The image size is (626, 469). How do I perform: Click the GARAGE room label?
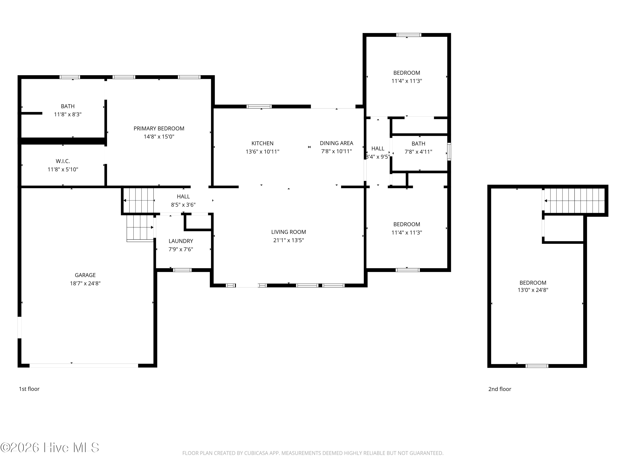click(x=85, y=275)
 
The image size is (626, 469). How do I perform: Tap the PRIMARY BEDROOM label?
click(x=159, y=129)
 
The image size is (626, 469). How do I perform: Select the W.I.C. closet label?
click(x=63, y=161)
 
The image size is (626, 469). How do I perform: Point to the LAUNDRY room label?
click(x=181, y=241)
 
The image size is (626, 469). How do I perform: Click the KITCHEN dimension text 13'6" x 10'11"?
click(x=262, y=152)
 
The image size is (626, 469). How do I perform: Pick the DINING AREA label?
click(x=337, y=143)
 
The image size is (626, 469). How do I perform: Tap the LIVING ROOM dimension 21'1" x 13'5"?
click(x=289, y=240)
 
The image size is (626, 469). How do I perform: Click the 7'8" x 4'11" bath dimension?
click(x=418, y=152)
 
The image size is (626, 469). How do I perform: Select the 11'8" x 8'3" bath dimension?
click(x=68, y=114)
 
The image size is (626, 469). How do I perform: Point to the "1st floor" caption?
click(x=29, y=389)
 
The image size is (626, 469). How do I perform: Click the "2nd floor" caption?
click(x=500, y=389)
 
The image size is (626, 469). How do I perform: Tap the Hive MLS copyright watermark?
click(x=50, y=448)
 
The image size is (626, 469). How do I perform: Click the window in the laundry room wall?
click(x=182, y=270)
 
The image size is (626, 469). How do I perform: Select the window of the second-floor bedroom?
click(x=537, y=366)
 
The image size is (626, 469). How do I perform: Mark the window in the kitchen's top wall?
click(x=259, y=107)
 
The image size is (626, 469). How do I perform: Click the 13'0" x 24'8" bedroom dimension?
click(x=533, y=290)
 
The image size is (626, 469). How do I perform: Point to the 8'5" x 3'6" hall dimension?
click(x=183, y=205)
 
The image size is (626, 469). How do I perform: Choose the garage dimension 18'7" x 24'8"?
click(x=85, y=283)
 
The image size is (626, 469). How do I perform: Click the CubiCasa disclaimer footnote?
click(x=313, y=453)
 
